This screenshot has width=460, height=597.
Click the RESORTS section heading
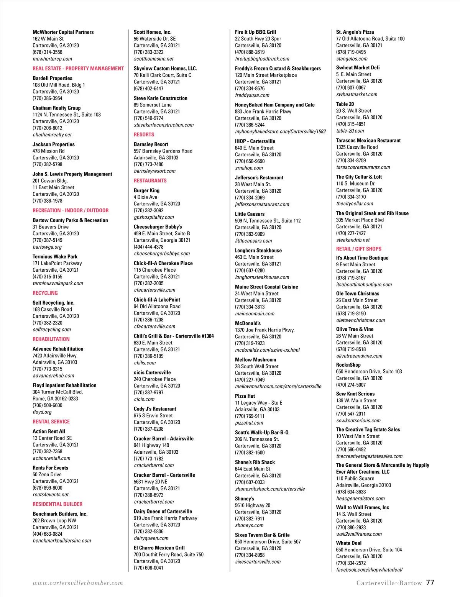(144, 134)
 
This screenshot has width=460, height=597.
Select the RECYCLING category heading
(45, 293)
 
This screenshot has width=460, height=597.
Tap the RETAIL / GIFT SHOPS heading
(358, 249)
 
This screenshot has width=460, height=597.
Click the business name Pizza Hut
(245, 396)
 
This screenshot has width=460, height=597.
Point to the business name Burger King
(146, 190)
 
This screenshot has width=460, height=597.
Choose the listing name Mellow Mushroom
(255, 359)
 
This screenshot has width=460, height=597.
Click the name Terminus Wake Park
(55, 256)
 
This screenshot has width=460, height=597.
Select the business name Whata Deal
(348, 543)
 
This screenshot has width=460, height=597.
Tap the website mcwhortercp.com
(52, 59)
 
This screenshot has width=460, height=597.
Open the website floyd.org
(42, 412)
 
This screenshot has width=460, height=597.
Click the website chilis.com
(145, 362)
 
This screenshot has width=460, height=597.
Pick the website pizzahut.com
(249, 423)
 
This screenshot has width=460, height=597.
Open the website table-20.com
(350, 131)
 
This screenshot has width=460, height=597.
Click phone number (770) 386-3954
(47, 98)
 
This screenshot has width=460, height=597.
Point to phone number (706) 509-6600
(47, 405)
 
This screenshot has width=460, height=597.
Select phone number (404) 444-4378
(148, 247)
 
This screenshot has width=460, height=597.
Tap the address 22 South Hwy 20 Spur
(258, 39)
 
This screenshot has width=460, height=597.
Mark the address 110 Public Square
(355, 478)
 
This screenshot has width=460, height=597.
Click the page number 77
(430, 582)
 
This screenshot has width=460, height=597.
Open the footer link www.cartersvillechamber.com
(78, 583)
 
